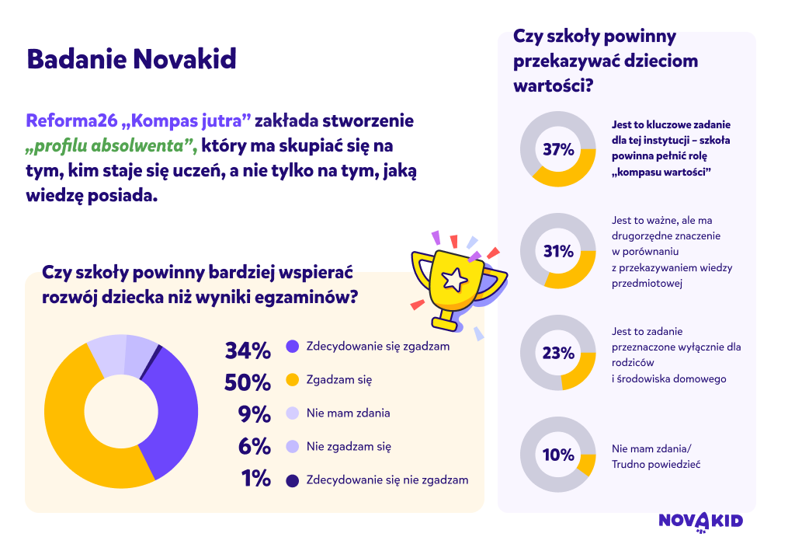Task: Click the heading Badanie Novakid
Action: point(131,59)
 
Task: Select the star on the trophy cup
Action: point(455,279)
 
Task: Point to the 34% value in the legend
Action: point(248,350)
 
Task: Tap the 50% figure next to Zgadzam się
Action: point(248,383)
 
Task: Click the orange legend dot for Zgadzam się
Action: point(293,379)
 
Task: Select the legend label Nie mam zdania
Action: point(349,413)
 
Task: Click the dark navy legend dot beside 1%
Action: point(293,480)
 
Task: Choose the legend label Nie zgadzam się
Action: point(349,447)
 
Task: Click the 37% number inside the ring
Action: point(558,150)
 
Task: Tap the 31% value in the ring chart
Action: point(558,251)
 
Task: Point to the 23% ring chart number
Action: point(558,353)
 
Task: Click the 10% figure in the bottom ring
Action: point(558,455)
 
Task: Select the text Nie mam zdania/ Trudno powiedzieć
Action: point(656,457)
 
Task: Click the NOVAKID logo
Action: point(701,521)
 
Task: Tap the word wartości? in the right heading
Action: point(553,85)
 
